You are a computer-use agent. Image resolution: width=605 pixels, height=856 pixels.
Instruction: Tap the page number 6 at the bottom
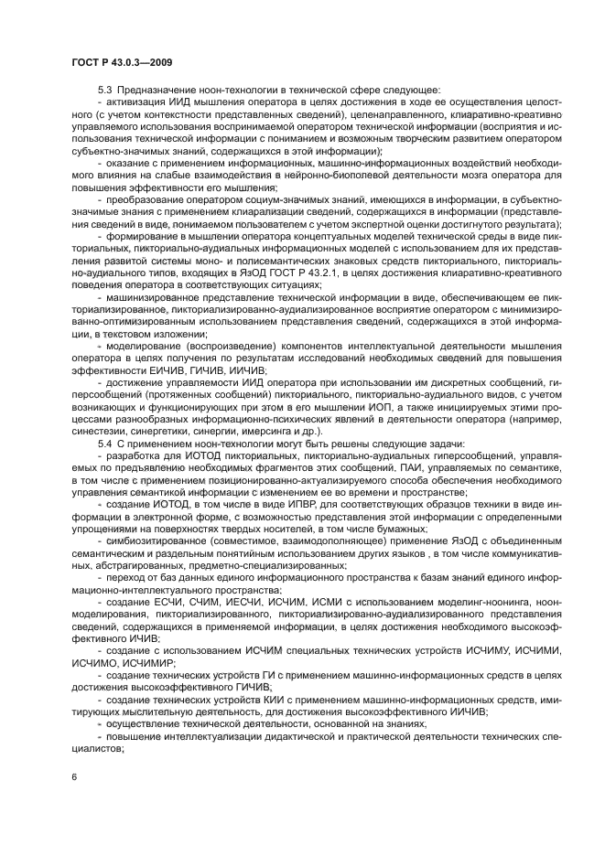pyautogui.click(x=74, y=775)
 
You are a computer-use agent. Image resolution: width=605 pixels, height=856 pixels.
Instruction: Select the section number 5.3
pyautogui.click(x=105, y=89)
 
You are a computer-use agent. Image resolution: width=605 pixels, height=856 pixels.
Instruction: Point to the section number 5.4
pyautogui.click(x=105, y=443)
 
